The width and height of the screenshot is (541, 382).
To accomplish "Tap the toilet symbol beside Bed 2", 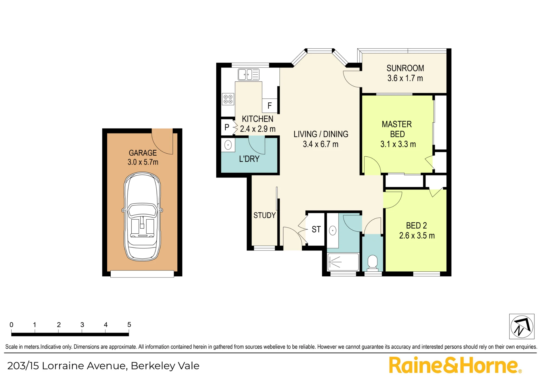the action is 373,263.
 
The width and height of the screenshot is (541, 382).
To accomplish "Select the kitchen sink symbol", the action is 249,75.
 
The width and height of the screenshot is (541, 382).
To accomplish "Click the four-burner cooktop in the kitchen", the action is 228,99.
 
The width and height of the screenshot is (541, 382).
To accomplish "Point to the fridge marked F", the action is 270,106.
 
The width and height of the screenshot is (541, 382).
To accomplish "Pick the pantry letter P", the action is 227,127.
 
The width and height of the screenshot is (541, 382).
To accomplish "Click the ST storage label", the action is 316,229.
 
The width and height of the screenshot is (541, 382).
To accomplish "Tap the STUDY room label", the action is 265,215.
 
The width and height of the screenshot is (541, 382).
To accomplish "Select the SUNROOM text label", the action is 405,68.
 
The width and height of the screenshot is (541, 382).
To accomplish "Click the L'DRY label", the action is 249,159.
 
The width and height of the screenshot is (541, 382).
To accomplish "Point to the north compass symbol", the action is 522,326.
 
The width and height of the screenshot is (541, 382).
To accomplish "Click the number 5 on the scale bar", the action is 129,324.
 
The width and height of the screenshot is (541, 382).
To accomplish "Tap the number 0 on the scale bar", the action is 11,324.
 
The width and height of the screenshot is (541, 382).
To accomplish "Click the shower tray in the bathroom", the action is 343,262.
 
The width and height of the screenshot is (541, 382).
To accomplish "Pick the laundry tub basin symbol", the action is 228,145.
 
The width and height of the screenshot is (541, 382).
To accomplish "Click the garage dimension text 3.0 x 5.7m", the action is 143,162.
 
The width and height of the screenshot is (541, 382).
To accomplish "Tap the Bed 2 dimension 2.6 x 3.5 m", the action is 417,236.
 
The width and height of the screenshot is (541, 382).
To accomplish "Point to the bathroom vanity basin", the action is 333,230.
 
